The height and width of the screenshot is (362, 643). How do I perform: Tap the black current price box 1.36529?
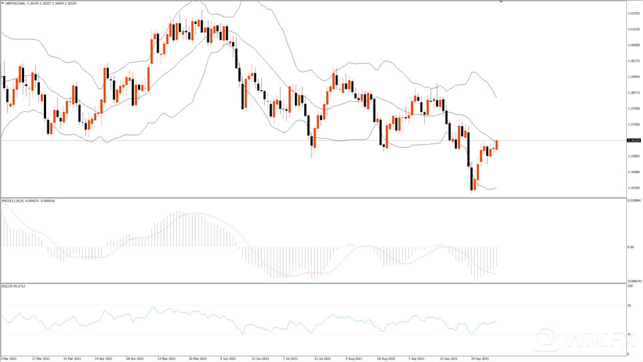634,141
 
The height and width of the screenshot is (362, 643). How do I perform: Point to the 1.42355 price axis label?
634,13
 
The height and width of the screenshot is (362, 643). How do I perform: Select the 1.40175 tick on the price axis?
634,61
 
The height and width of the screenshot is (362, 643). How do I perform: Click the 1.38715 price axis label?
634,93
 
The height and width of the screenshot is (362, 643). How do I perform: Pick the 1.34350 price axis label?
634,188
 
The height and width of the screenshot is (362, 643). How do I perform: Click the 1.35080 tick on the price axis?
634,172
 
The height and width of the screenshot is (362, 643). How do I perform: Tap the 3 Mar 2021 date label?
9,358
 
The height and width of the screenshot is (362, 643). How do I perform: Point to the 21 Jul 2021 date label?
324,358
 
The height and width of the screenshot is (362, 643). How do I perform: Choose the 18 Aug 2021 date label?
387,358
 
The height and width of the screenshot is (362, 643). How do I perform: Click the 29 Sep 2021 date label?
481,358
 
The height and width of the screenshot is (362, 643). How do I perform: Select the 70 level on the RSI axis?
630,305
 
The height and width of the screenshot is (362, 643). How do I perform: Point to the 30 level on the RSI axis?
630,334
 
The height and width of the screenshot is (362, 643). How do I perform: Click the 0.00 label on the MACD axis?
630,247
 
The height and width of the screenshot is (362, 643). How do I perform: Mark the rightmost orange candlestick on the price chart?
496,145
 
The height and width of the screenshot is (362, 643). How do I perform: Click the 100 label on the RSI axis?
630,286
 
